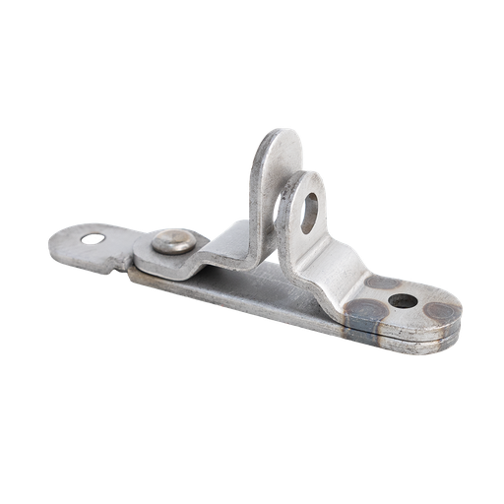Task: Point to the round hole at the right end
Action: [401, 300]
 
